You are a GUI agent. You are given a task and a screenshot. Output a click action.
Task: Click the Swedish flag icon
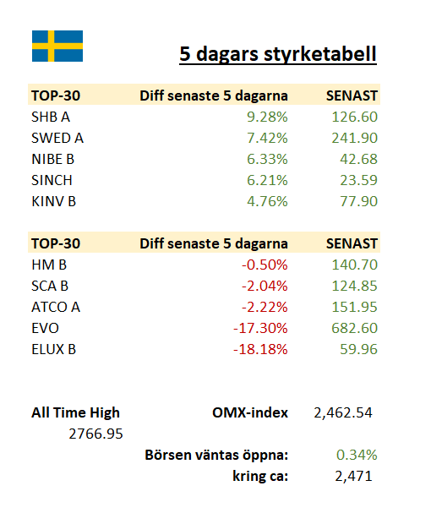[57, 46]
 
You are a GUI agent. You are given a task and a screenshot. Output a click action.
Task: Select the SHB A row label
[51, 117]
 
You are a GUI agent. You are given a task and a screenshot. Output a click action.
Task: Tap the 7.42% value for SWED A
[267, 138]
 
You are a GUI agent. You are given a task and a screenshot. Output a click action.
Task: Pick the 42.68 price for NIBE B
[359, 159]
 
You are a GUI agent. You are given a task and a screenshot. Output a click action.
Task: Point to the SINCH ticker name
[52, 181]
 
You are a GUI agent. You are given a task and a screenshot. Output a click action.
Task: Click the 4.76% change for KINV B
[267, 201]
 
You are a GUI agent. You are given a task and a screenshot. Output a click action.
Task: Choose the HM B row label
[49, 265]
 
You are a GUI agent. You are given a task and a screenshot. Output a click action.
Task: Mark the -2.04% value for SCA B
[265, 286]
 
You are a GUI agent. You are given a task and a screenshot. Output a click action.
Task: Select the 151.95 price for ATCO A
[354, 307]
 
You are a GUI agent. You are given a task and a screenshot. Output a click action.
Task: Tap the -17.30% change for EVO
[260, 328]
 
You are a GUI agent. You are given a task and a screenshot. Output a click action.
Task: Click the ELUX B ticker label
[54, 350]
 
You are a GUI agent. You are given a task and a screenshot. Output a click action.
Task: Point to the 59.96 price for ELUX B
[359, 350]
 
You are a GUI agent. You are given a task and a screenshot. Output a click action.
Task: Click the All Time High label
[75, 412]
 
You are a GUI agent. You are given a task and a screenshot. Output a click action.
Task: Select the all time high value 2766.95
[95, 434]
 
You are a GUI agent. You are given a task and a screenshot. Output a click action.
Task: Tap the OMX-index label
[250, 412]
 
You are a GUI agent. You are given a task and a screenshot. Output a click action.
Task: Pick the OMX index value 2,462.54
[343, 413]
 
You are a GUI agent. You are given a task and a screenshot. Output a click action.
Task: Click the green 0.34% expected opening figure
[357, 456]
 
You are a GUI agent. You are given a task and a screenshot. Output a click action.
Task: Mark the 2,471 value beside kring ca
[353, 477]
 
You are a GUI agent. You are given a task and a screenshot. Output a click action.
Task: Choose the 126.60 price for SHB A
[354, 117]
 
